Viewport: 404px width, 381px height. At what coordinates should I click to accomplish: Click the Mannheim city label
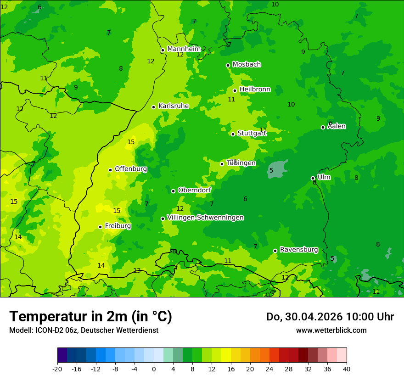point(184,49)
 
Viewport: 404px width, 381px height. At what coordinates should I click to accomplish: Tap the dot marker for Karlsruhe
point(153,107)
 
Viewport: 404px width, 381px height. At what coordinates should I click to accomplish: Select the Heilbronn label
point(255,89)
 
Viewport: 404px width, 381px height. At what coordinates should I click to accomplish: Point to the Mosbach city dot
point(228,65)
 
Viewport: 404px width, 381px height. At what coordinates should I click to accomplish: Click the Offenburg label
point(131,168)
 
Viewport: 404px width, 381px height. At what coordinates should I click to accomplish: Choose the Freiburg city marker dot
point(100,227)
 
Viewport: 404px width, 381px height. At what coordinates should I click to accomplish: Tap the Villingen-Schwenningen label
point(205,217)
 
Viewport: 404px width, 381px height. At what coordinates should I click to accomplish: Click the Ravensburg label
point(299,249)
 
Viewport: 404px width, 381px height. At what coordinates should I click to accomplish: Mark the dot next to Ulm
point(313,178)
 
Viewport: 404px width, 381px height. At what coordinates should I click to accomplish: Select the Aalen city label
point(337,126)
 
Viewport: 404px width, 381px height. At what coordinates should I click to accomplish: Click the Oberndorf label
point(194,190)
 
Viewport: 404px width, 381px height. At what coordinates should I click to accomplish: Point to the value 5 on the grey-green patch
point(271,170)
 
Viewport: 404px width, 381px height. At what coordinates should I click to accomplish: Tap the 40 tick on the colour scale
point(347,369)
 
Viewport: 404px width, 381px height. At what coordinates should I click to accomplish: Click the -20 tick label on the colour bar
point(57,369)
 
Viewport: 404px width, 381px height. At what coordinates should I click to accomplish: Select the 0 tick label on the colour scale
point(154,369)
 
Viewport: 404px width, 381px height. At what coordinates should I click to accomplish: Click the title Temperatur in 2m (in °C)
point(90,316)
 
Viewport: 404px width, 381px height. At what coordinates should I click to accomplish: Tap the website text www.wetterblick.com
point(331,330)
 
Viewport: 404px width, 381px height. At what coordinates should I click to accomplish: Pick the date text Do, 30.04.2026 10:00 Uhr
point(330,316)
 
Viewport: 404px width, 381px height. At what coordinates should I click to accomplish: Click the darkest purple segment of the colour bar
point(62,355)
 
